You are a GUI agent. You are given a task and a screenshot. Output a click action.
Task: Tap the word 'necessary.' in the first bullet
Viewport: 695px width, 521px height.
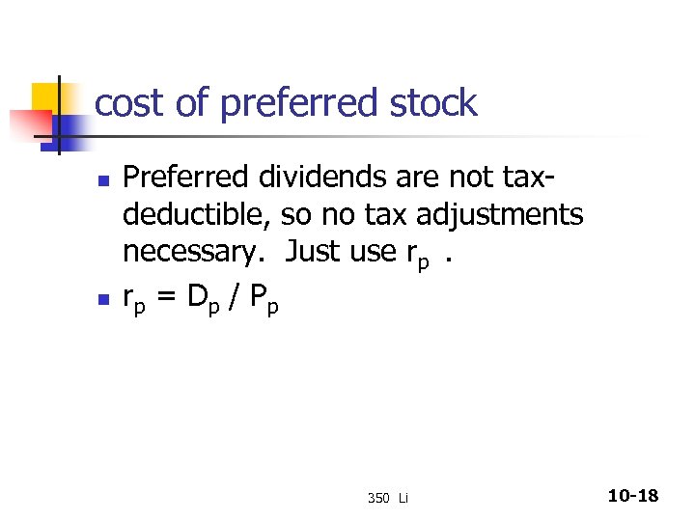196,251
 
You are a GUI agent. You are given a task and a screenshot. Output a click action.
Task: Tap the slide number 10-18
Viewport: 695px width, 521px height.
633,496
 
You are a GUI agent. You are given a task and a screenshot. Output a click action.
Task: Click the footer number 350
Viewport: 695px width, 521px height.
377,498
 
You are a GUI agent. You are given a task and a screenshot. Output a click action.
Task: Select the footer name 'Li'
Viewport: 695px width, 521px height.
403,498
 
